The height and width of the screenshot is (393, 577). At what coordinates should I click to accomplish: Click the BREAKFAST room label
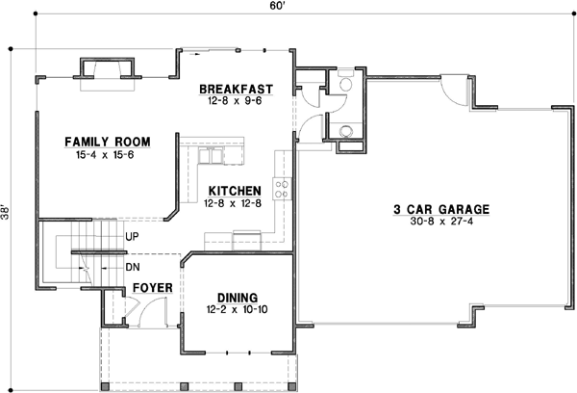pos(236,89)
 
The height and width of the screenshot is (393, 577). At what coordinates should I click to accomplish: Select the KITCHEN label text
pos(232,191)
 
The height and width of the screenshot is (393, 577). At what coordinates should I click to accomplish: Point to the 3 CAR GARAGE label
pos(441,208)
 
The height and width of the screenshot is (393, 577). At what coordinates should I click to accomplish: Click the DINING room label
pos(237,298)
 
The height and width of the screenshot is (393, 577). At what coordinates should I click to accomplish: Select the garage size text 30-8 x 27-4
pos(441,222)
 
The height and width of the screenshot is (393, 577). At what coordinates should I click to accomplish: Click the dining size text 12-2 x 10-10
pos(237,310)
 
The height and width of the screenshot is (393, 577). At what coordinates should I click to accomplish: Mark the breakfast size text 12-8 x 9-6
pos(236,101)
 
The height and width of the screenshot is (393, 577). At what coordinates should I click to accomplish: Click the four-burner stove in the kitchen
pos(283,188)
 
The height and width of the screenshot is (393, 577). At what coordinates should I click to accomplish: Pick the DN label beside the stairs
pos(133,266)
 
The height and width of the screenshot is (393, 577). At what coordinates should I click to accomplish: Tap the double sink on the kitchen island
pos(208,155)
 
